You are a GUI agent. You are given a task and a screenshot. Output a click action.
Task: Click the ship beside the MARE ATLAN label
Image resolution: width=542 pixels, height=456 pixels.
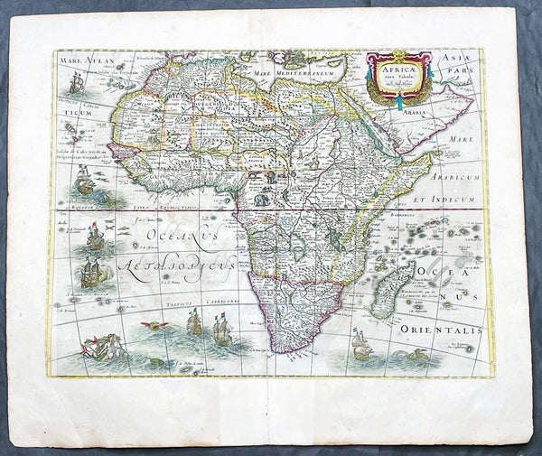pos(76,83)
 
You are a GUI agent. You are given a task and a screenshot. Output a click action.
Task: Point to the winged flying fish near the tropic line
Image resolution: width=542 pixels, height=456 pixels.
pos(157,324)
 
